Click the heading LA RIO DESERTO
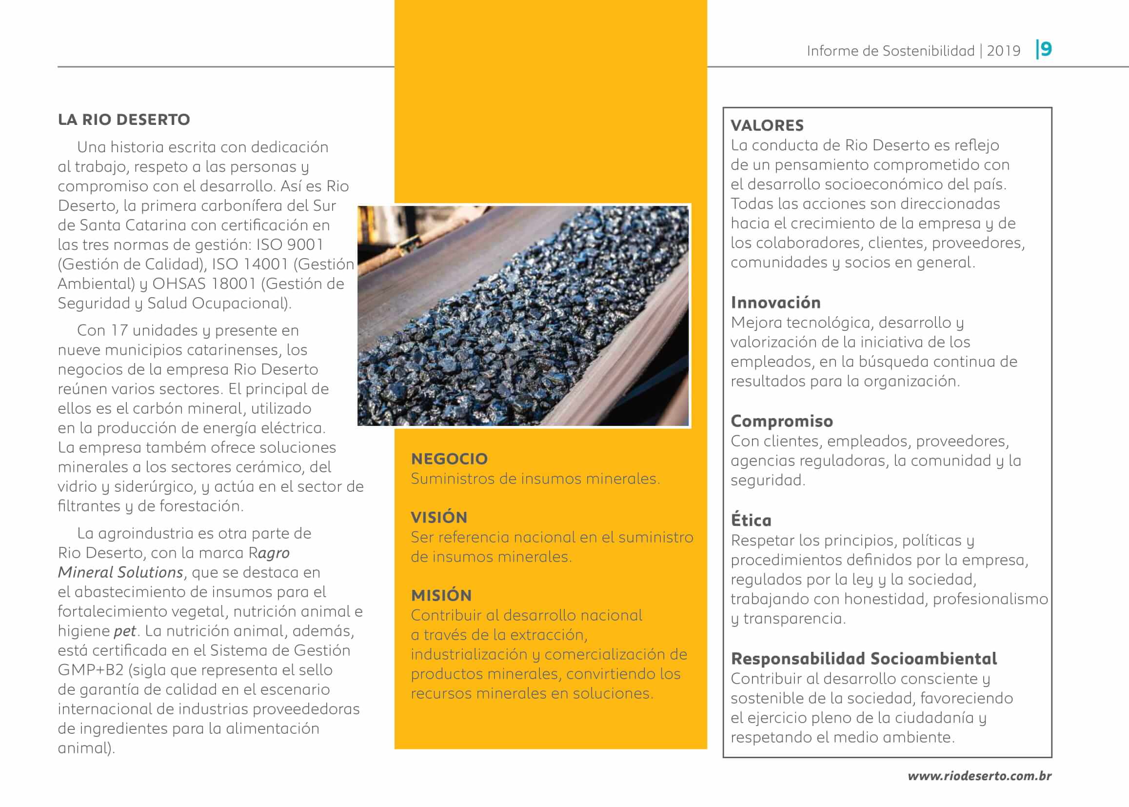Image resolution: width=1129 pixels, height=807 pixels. coord(124,120)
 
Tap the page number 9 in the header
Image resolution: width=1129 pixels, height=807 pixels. coord(1046,49)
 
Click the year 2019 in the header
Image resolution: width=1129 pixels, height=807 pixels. coord(1003,51)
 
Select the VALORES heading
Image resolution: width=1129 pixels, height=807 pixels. coord(767,125)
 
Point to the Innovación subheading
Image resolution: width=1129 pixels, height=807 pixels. coord(775,303)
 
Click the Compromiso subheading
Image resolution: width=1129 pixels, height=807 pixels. coord(781,422)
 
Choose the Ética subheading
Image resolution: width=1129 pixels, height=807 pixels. coord(751,520)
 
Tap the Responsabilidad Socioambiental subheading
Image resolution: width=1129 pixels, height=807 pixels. coord(864,659)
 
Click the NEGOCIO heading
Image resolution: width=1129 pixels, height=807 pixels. coord(449,459)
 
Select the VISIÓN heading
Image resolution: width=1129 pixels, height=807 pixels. coord(438,517)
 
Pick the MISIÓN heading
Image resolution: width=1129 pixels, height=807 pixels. coord(440,595)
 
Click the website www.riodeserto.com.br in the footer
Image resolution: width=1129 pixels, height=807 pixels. coord(979,776)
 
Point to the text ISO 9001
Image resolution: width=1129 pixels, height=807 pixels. coord(290,245)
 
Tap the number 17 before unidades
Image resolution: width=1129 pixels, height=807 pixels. coord(119,330)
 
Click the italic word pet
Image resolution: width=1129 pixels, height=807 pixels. coord(125,631)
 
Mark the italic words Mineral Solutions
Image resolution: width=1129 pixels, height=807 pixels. coord(120,572)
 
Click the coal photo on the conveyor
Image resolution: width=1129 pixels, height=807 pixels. coord(523,316)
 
